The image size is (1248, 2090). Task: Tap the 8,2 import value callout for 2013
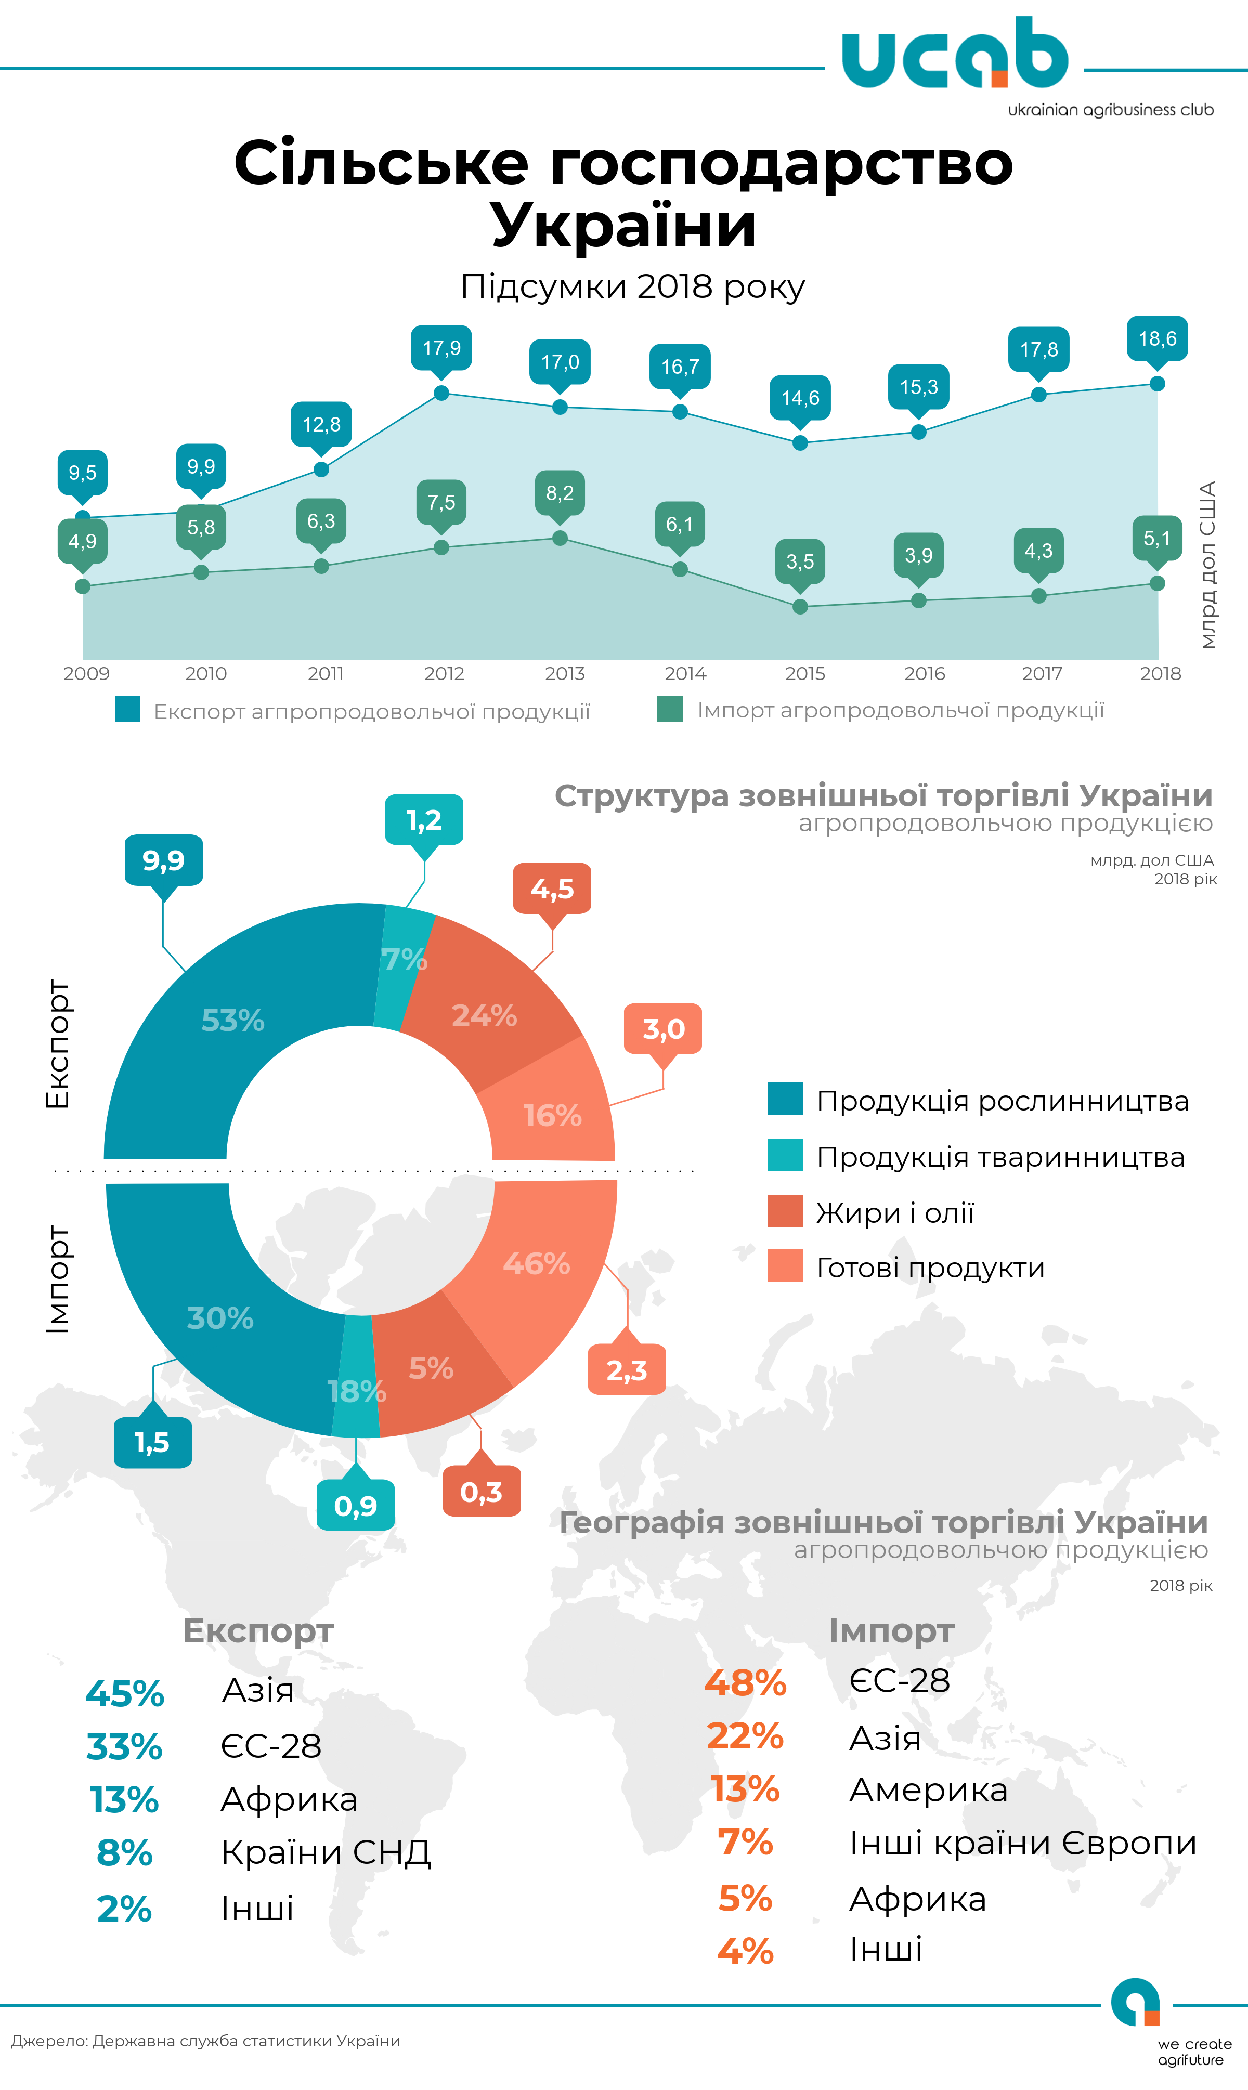click(559, 493)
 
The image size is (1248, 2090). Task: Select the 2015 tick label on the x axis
click(805, 673)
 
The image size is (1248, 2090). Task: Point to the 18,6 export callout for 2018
click(1157, 339)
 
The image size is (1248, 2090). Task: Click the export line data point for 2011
click(321, 469)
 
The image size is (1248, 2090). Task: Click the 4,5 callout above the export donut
click(552, 889)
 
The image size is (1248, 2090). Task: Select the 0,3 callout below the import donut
click(481, 1492)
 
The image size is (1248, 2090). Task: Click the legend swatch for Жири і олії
click(785, 1211)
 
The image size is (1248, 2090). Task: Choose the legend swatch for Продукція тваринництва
click(785, 1155)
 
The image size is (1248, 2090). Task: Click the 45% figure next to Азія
click(124, 1693)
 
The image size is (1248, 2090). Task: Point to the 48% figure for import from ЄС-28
click(745, 1682)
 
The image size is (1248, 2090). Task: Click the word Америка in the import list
click(928, 1790)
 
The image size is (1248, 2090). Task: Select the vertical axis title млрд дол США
click(1207, 565)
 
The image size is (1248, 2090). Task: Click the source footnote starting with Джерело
click(205, 2041)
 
